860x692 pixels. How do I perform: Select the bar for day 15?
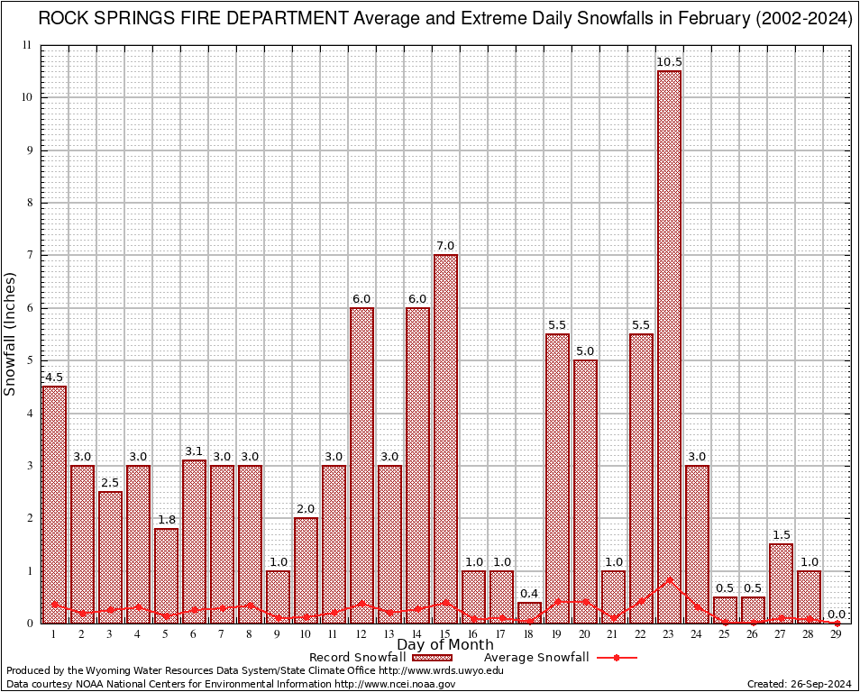[x=445, y=432]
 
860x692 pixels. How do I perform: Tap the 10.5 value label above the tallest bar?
[x=669, y=62]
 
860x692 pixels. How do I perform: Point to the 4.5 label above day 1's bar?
[x=54, y=377]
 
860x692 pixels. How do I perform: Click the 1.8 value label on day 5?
[x=166, y=519]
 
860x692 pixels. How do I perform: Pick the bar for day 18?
[x=529, y=613]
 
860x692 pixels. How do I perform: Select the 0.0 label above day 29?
[x=837, y=613]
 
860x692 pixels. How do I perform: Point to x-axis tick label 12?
[x=361, y=633]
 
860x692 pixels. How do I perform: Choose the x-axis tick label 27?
[x=781, y=633]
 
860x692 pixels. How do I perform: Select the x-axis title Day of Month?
[x=444, y=645]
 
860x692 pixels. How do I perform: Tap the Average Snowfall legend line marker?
[x=617, y=658]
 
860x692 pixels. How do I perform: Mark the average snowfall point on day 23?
[x=669, y=579]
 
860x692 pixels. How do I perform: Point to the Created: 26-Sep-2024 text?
[x=799, y=684]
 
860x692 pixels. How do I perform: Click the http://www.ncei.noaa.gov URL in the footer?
[x=395, y=684]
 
